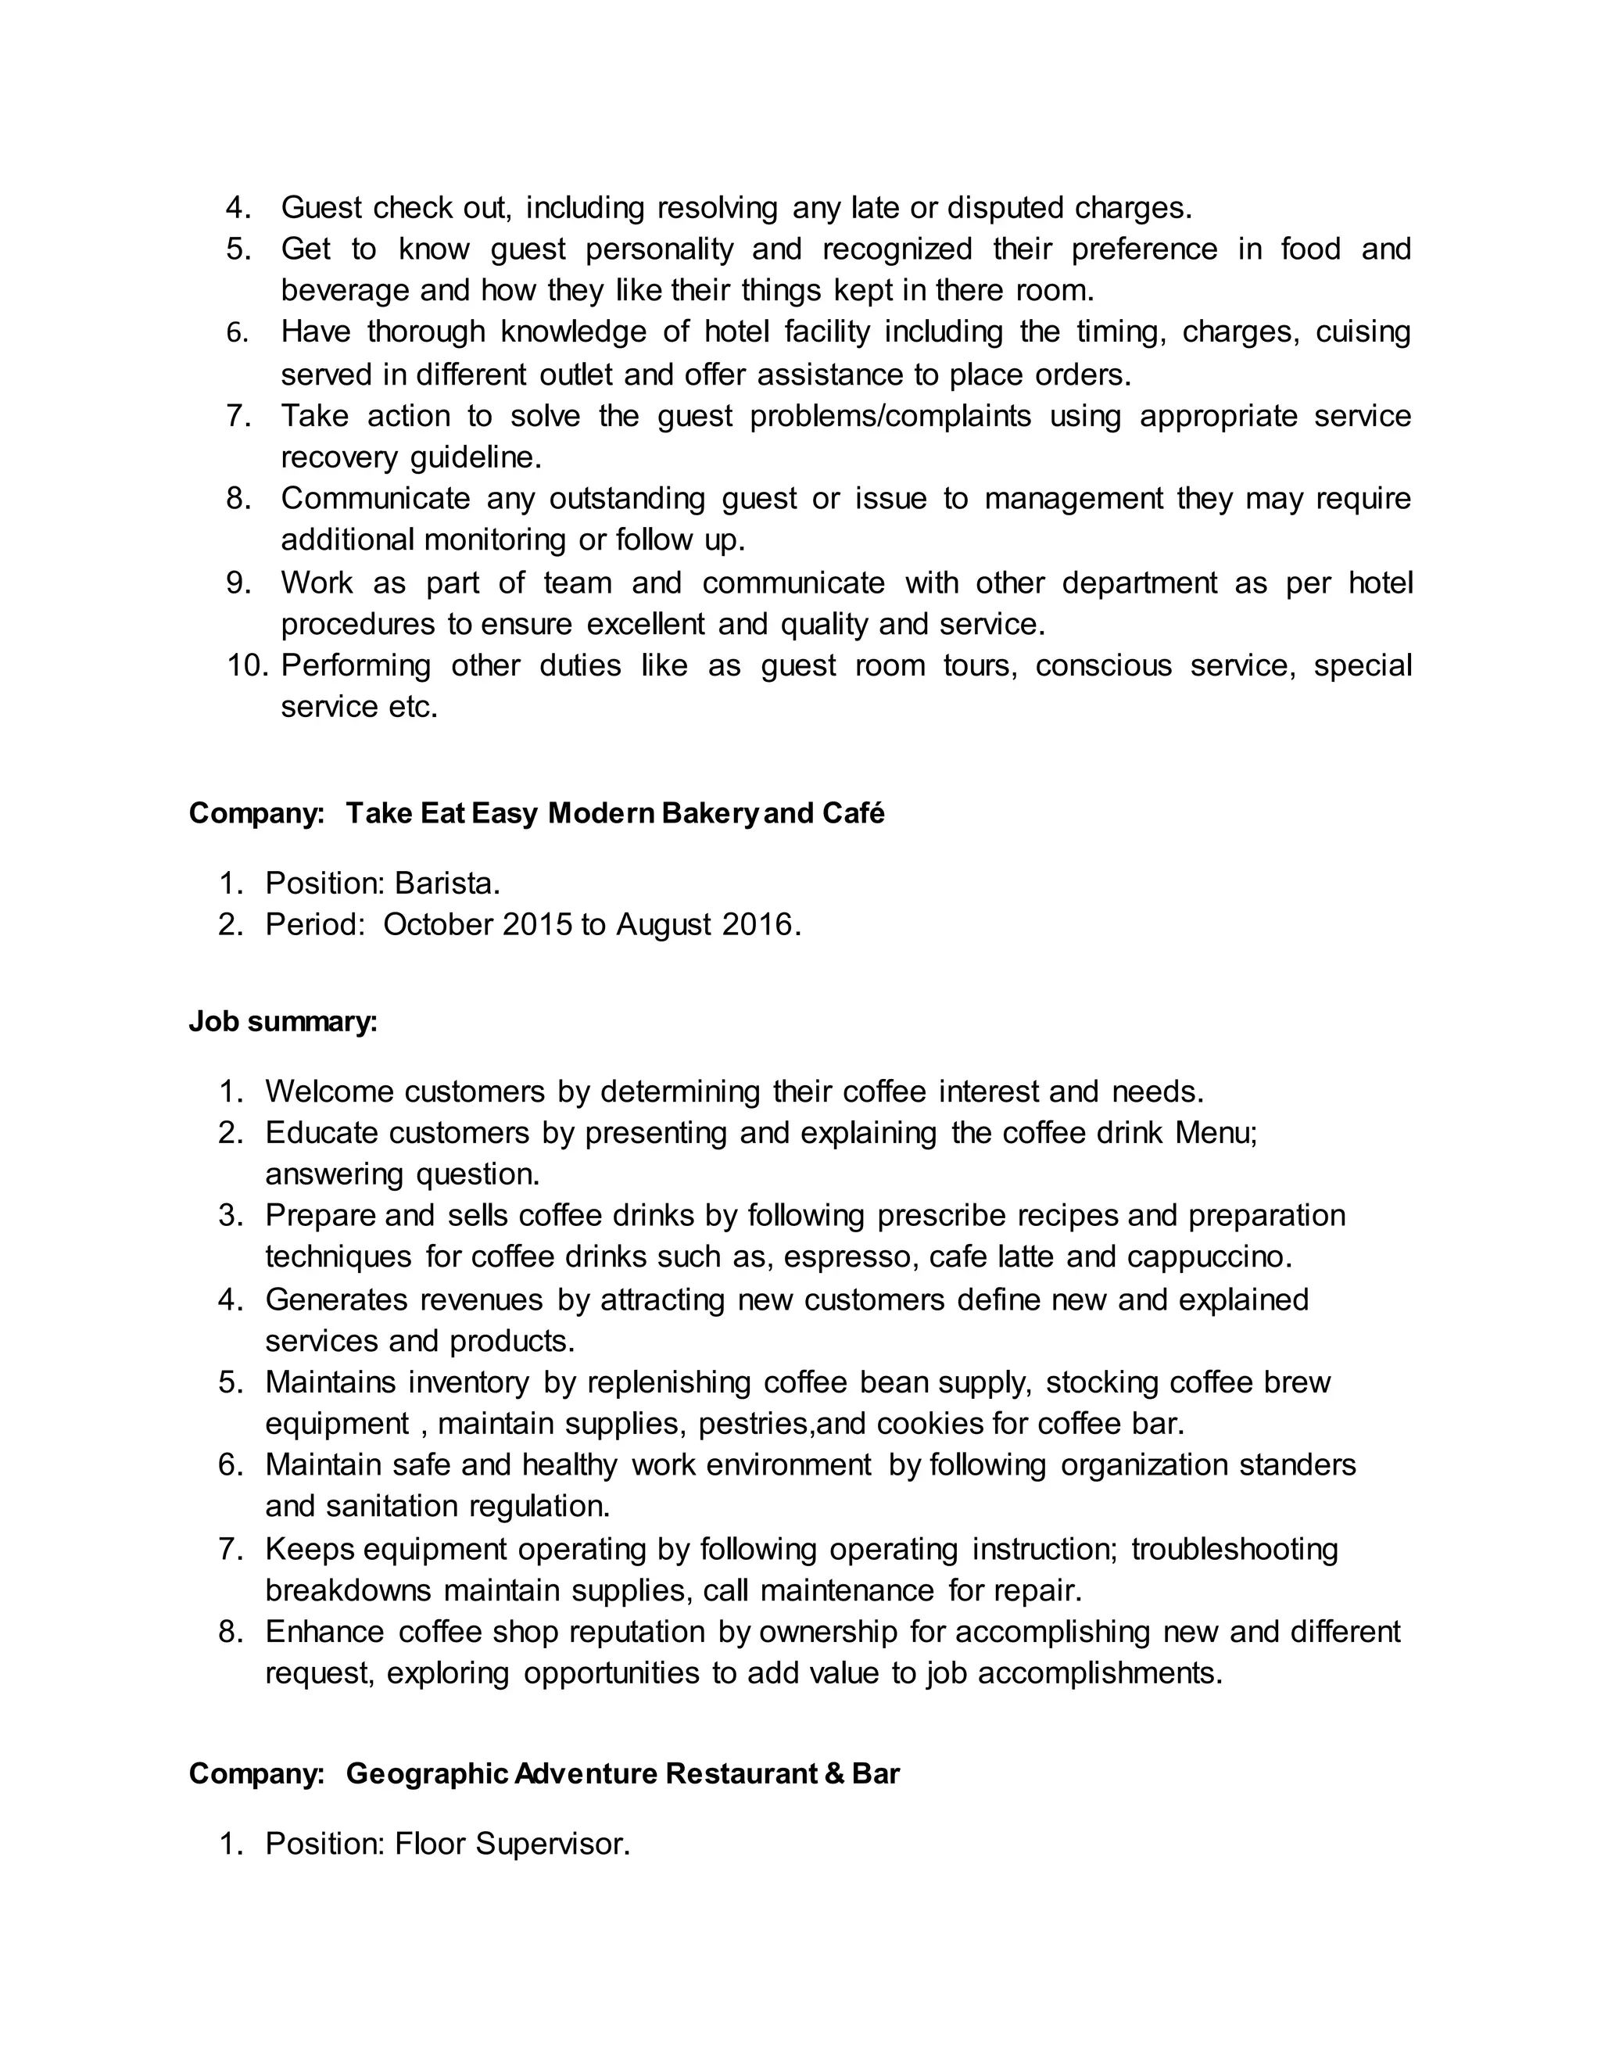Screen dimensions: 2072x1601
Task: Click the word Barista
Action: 446,884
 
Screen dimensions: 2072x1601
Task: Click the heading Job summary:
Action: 283,1022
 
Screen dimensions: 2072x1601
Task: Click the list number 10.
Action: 249,665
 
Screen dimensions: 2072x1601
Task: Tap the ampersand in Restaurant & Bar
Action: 835,1773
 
